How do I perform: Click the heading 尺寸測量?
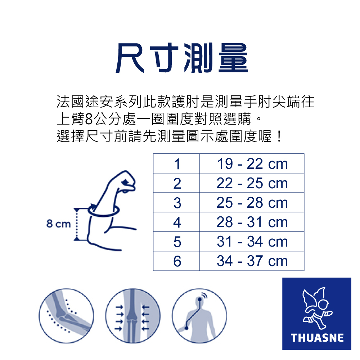click(181, 58)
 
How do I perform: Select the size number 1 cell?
click(176, 163)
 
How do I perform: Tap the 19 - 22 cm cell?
click(252, 163)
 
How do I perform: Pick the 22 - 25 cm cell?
click(252, 183)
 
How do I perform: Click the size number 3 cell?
click(176, 202)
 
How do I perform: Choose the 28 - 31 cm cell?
click(252, 222)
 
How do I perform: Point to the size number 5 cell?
click(176, 242)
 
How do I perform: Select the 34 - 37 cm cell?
click(252, 261)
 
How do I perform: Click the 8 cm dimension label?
click(59, 224)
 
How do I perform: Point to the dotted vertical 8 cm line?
click(76, 224)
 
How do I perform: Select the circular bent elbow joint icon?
click(66, 316)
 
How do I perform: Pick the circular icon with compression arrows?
click(133, 316)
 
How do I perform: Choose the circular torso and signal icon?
click(199, 316)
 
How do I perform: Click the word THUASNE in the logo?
click(317, 338)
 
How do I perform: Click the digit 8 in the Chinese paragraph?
click(89, 119)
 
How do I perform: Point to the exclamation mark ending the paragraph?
click(279, 136)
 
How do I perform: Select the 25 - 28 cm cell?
click(252, 202)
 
